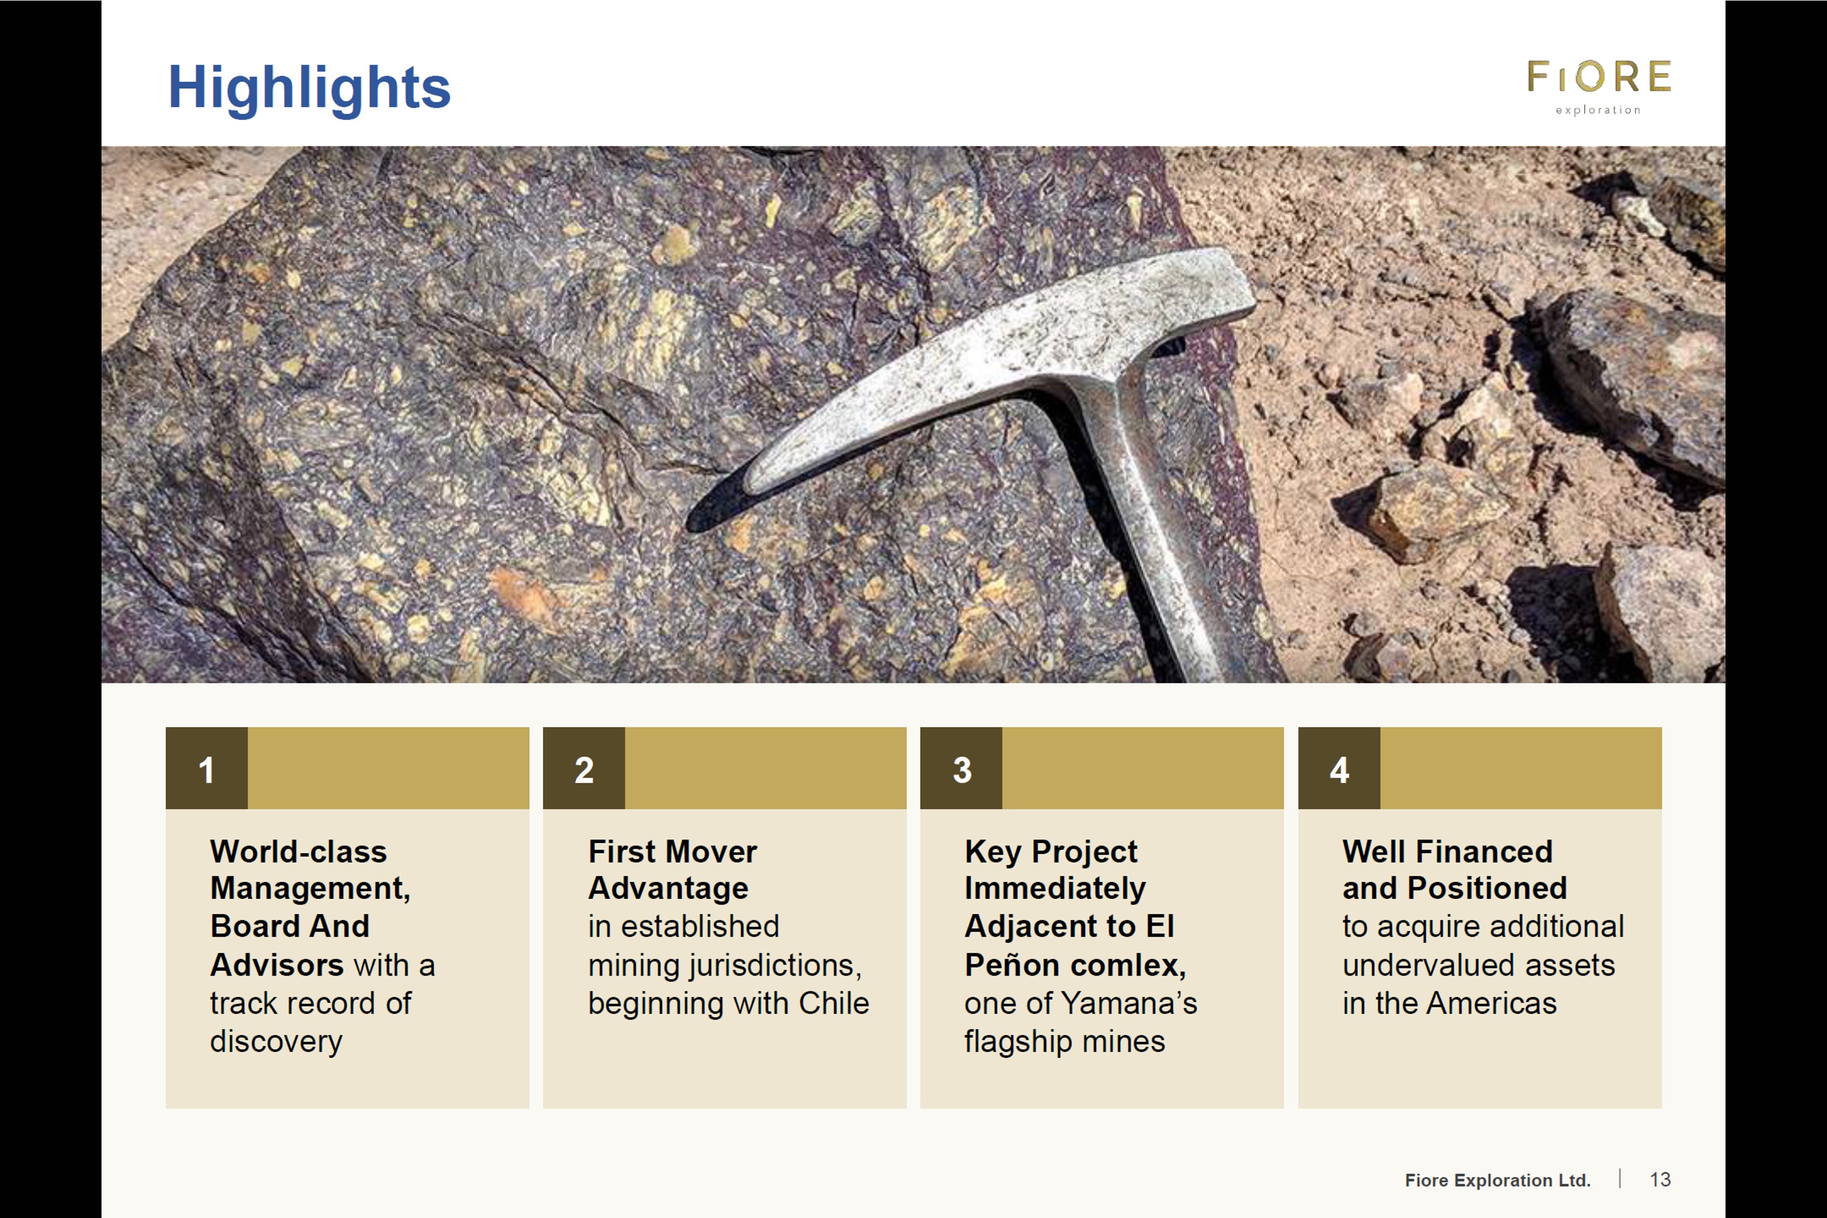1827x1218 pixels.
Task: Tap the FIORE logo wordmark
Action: click(1599, 77)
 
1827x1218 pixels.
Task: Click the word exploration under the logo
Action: click(1598, 111)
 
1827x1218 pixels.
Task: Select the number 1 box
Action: click(206, 768)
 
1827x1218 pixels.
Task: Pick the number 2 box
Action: click(584, 768)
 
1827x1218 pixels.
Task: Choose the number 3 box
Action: click(961, 768)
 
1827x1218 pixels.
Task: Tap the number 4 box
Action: click(1339, 768)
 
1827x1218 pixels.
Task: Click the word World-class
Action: click(298, 851)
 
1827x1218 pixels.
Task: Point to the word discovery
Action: click(276, 1042)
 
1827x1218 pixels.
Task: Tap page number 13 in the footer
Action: click(1660, 1180)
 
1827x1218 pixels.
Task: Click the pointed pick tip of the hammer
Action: click(691, 527)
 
